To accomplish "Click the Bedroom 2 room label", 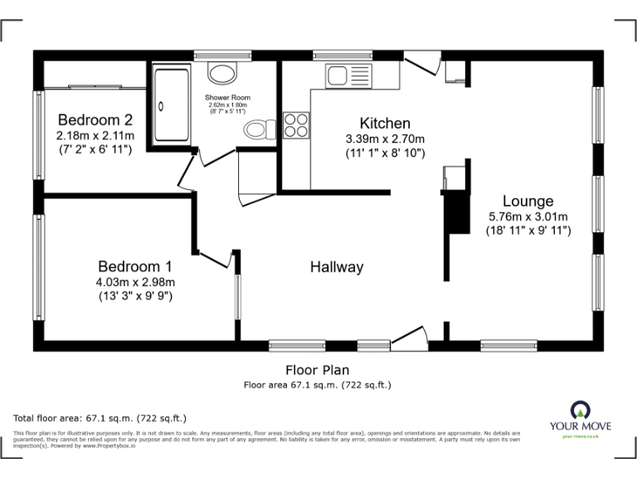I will tap(95, 118).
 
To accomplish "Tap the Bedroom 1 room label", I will tap(134, 266).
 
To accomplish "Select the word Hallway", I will tap(337, 267).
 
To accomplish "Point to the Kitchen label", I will tap(385, 123).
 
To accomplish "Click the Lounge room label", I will tap(528, 202).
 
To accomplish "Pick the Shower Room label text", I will tap(228, 98).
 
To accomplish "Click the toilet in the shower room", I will tap(261, 130).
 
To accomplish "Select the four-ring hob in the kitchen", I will tap(296, 124).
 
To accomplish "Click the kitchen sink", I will tap(340, 76).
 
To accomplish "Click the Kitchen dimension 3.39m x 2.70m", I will tap(385, 139).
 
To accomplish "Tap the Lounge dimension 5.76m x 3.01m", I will tap(528, 217).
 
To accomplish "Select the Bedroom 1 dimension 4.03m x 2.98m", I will tap(134, 281).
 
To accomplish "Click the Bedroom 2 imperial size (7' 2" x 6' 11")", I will tap(95, 149).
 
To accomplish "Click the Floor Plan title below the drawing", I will tap(317, 371).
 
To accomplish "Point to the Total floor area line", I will tap(100, 417).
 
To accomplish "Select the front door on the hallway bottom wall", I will tap(410, 335).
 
